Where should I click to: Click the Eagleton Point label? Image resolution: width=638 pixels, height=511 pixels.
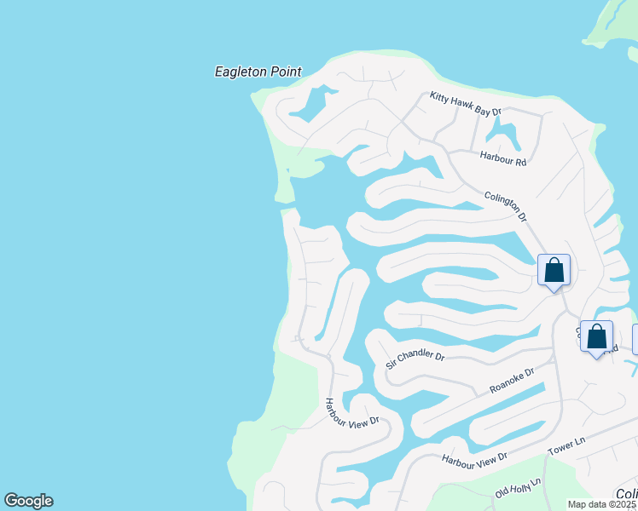pos(258,72)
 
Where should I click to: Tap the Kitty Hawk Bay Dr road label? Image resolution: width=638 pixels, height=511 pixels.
pos(465,104)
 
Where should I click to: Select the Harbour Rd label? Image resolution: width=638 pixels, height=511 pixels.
pos(503,157)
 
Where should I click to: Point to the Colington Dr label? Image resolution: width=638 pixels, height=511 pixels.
pos(506,205)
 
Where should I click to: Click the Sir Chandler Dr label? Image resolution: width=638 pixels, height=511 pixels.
pos(415,358)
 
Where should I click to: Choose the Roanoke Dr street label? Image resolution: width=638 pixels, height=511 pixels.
pos(512,380)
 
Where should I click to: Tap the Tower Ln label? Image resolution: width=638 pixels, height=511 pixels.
pos(567,445)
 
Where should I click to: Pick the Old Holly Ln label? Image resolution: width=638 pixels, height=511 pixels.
pos(518,488)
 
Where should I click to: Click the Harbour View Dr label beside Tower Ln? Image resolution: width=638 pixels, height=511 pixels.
pos(474,458)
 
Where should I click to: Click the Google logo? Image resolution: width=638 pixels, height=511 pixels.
pos(28,501)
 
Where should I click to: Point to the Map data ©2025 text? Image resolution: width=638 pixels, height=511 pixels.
pos(602,504)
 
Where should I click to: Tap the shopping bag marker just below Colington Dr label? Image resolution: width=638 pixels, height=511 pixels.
pos(554,271)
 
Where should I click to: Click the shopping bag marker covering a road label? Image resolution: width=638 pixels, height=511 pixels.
pos(596,336)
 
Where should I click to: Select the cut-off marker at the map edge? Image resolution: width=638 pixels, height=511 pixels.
pos(635,338)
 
